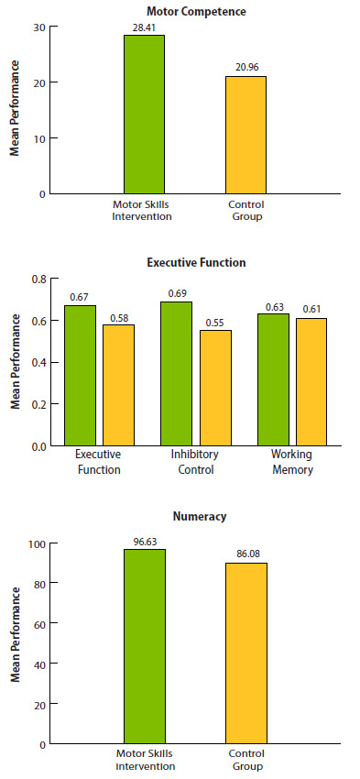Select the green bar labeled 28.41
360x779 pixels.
click(x=144, y=115)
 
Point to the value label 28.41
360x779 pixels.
click(x=145, y=27)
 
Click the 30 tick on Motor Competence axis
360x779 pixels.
click(x=38, y=27)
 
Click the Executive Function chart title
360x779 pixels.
click(x=196, y=262)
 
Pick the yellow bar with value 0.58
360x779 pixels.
click(x=118, y=385)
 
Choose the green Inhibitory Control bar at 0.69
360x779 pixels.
click(x=176, y=374)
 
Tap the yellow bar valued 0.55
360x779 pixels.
click(x=215, y=389)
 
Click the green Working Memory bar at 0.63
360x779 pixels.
click(x=273, y=379)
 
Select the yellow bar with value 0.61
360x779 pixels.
click(x=311, y=382)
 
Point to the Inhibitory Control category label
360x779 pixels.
click(x=192, y=462)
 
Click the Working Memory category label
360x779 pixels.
click(x=291, y=462)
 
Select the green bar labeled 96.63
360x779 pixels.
click(x=144, y=646)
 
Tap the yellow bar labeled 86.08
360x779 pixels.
click(x=245, y=653)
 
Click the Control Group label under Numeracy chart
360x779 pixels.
click(x=245, y=760)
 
